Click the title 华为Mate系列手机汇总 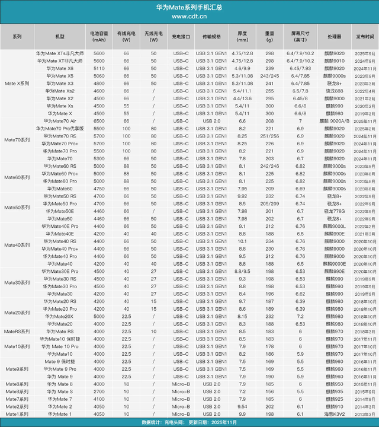[x=189, y=7]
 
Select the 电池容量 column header [x=98, y=36]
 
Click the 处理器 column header [x=335, y=36]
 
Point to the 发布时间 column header [x=365, y=36]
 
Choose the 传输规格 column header [x=211, y=36]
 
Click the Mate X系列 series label [x=17, y=84]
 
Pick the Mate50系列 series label [x=17, y=208]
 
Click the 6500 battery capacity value [x=98, y=120]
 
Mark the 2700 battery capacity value [x=98, y=392]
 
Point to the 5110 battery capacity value [x=98, y=68]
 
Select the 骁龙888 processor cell [x=335, y=91]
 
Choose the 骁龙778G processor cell [x=335, y=211]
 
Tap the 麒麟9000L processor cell [x=335, y=226]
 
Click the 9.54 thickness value [x=242, y=407]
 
